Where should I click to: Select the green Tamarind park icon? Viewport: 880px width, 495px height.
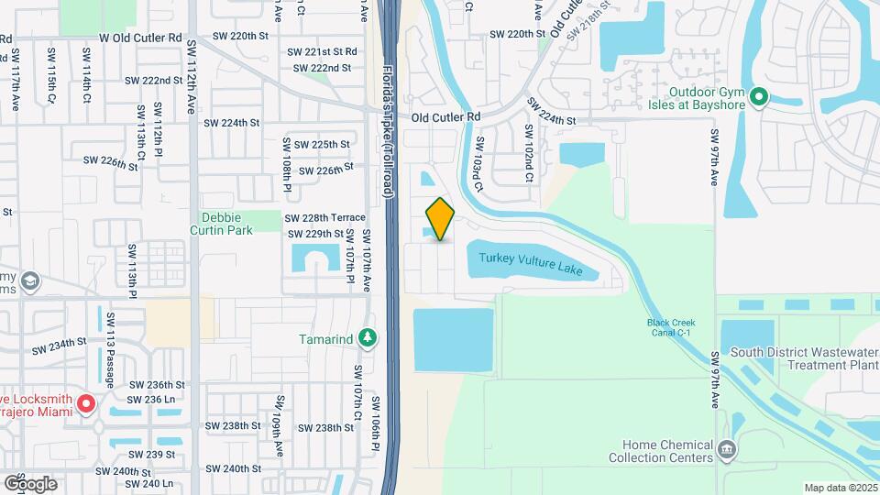pos(368,339)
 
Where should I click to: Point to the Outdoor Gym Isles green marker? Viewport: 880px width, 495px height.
pos(758,97)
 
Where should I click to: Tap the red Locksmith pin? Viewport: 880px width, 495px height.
pos(86,403)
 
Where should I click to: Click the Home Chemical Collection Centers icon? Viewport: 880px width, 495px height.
pos(727,449)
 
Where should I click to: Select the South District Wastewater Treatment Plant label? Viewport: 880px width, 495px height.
pos(804,358)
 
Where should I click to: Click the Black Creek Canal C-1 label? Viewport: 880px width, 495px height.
pos(672,327)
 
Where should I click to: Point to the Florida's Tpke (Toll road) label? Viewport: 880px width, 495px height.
pos(388,128)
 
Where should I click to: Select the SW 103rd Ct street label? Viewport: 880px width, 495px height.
pos(478,165)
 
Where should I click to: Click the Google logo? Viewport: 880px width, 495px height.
pos(30,483)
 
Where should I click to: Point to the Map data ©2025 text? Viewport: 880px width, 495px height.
pos(841,488)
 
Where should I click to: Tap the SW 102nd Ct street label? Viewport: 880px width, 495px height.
pos(529,153)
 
